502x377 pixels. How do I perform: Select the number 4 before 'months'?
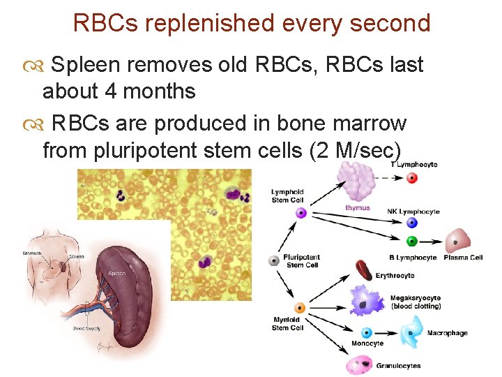click(109, 91)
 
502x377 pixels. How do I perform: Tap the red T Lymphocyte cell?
click(412, 178)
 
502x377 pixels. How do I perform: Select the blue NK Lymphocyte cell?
click(412, 223)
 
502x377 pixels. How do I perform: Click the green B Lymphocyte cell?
click(412, 242)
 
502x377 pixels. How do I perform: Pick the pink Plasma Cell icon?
click(458, 241)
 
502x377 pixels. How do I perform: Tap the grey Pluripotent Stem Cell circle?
click(274, 260)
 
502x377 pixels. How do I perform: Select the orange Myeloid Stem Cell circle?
click(300, 308)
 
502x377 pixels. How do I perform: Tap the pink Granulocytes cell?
click(364, 364)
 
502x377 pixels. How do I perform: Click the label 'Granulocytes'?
click(398, 366)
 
